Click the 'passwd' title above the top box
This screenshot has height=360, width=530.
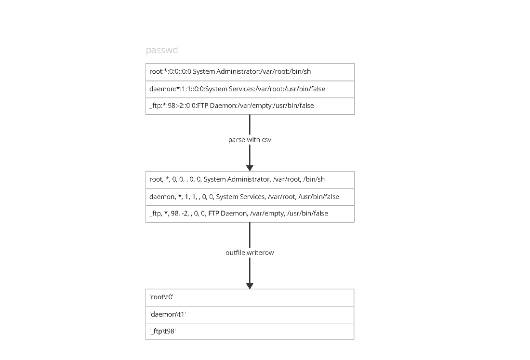click(162, 50)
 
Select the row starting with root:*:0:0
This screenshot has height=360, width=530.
click(250, 72)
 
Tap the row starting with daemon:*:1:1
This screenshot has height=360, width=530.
click(250, 89)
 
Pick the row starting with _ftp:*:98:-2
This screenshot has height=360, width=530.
click(250, 106)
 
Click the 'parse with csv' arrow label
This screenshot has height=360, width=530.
click(250, 140)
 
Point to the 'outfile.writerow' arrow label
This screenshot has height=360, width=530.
click(250, 253)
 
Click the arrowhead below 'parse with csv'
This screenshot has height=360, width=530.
click(250, 168)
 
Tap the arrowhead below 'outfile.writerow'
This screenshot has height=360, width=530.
click(250, 286)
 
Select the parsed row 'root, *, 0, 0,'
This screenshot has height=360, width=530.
click(250, 180)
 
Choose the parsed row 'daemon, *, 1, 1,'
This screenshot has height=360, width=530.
click(250, 197)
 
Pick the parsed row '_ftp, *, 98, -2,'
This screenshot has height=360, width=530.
click(250, 214)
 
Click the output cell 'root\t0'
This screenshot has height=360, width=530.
click(250, 297)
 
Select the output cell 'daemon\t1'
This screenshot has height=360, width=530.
click(250, 315)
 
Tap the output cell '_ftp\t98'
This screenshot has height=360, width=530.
click(250, 332)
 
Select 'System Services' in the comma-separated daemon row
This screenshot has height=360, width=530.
click(240, 197)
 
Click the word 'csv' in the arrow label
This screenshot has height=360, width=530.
click(266, 140)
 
